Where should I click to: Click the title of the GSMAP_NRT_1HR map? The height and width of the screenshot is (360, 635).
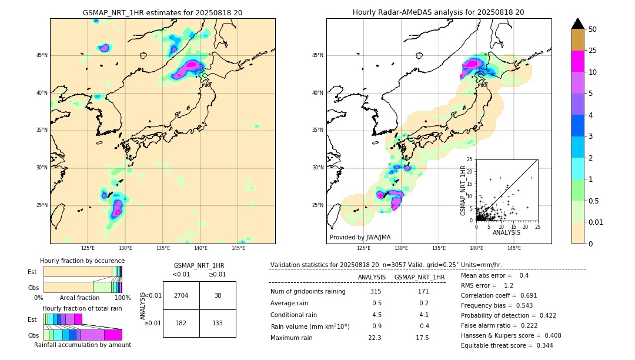click(162, 12)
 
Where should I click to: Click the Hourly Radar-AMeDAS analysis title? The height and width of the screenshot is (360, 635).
click(438, 12)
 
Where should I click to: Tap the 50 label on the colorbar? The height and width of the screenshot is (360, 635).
click(593, 29)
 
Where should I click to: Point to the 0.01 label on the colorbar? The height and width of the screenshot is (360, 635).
click(596, 222)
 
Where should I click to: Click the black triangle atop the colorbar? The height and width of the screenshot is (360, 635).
click(578, 24)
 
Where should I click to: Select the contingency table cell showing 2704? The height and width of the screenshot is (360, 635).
click(181, 295)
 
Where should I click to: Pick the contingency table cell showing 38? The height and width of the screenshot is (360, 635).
click(218, 295)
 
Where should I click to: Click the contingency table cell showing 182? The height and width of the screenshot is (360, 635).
click(181, 323)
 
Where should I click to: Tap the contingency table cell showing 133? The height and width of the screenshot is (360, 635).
click(218, 323)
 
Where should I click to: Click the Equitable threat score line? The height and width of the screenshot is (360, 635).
click(507, 345)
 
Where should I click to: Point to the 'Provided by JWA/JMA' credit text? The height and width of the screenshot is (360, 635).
click(360, 237)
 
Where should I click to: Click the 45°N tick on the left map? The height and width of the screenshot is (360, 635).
click(42, 55)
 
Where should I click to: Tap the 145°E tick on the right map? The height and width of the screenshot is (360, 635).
click(514, 248)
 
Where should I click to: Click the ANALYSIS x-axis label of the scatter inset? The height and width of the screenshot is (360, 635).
click(506, 232)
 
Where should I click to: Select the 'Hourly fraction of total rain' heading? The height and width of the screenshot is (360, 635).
click(82, 308)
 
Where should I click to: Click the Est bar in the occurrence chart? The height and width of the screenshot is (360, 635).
click(82, 271)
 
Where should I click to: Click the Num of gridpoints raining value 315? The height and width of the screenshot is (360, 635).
click(376, 291)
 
